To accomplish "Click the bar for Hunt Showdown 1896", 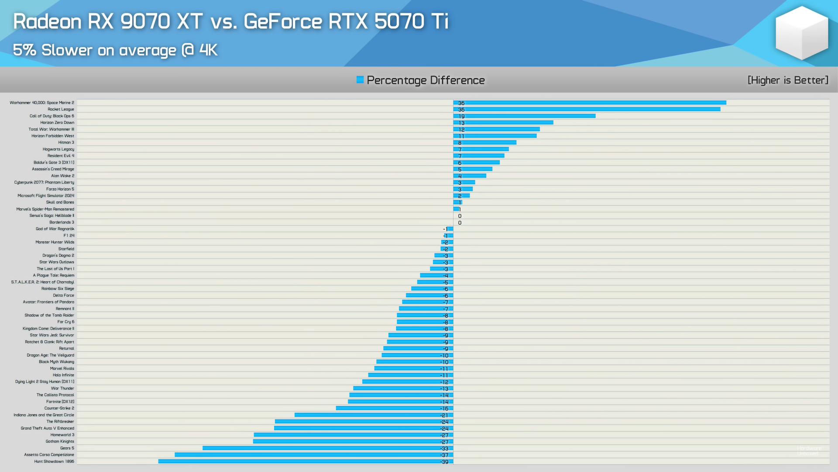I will [306, 462].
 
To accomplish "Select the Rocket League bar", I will [587, 109].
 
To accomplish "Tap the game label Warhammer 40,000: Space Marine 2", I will [42, 103].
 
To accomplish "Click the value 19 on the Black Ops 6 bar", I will [461, 116].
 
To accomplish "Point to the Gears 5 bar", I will [327, 448].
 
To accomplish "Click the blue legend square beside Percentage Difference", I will [360, 80].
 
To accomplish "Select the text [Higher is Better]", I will [787, 80].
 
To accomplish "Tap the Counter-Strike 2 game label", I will [59, 408].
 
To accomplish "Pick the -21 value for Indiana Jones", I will [444, 415].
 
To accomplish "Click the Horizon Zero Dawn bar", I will [503, 123].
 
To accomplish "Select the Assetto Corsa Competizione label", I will [49, 455].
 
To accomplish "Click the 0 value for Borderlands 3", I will [460, 222].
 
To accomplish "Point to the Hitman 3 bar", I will [485, 142].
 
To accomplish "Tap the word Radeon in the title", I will [47, 21].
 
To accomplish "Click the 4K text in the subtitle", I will [208, 50].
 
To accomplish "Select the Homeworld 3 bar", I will [354, 435].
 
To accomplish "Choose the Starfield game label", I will [66, 249].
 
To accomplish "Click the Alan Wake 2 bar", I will [470, 176].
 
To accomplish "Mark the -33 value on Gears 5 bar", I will [444, 448].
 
